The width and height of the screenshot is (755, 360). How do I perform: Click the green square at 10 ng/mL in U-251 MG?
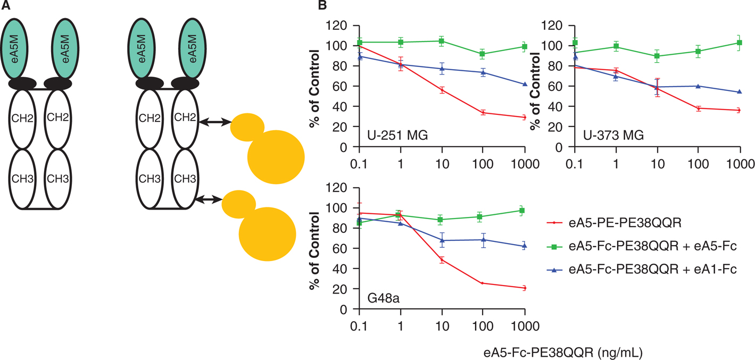(x=441, y=41)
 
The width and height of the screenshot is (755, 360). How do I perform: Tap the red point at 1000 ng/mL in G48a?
(x=524, y=288)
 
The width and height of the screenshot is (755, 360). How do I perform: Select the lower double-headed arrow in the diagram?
(x=209, y=199)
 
